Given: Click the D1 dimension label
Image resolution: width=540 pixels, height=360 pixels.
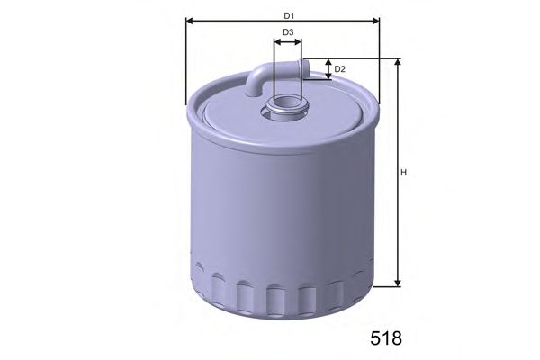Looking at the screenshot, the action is click(289, 16).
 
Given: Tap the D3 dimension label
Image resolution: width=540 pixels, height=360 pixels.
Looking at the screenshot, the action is click(288, 32).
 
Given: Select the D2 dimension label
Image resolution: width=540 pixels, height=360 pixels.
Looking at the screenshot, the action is click(339, 69).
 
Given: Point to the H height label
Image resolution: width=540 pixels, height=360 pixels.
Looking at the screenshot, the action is click(403, 172).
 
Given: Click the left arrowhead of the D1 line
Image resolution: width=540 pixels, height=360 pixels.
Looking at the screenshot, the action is click(189, 22).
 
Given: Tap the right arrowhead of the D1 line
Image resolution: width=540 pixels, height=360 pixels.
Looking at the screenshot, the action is click(376, 22).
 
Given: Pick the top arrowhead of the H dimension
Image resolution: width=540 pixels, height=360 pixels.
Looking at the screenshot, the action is click(398, 62).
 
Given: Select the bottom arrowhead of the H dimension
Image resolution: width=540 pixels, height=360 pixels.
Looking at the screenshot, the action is click(398, 283).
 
